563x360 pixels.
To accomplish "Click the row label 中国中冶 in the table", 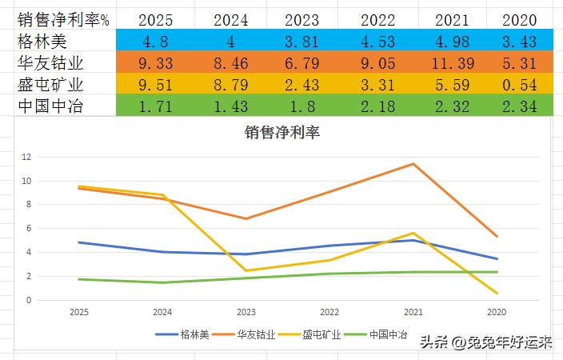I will tap(50, 105).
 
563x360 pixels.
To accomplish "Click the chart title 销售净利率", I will tap(281, 133).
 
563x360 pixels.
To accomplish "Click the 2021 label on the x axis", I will tap(413, 312).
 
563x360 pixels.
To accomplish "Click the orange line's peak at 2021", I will tap(413, 164).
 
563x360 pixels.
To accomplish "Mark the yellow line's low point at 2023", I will tap(246, 271).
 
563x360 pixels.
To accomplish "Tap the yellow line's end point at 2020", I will tap(497, 294).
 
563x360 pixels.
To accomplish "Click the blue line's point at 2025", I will tap(78, 242).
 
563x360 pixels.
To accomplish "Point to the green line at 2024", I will tap(162, 282).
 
